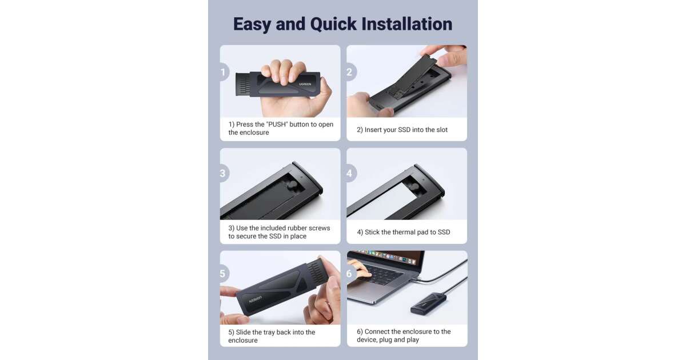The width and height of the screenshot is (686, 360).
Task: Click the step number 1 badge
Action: pos(224,72)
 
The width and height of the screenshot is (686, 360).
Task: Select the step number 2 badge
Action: pos(350,72)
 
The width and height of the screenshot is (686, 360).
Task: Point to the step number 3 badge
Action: pos(224,173)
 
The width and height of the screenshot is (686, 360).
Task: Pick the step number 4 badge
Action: pos(350,173)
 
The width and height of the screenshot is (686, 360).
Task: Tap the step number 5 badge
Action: pos(224,274)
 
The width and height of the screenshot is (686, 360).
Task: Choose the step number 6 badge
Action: pos(350,274)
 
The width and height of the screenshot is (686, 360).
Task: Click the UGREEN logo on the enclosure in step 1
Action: pos(305,84)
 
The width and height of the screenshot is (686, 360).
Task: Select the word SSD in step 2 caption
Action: pos(404,130)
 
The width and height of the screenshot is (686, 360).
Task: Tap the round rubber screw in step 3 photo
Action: pos(293,186)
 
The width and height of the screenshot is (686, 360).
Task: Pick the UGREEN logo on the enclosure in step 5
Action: pos(256,299)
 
